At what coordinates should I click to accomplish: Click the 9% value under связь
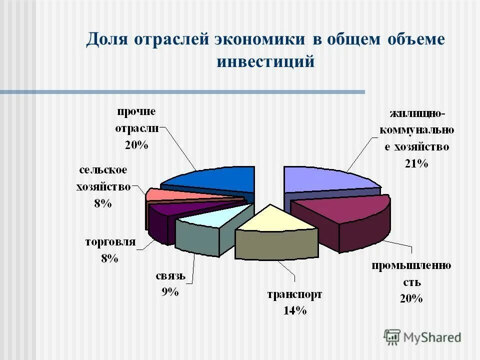[170, 292]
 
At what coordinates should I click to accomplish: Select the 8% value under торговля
[108, 258]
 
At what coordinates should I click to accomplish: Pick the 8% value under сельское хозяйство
[103, 203]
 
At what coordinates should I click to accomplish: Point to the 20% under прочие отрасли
[136, 145]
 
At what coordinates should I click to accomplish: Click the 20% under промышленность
[411, 298]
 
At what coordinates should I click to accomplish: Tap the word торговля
[110, 242]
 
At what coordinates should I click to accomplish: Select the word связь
[170, 275]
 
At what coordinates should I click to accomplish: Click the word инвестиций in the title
[265, 62]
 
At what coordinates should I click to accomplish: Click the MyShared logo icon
[392, 337]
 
